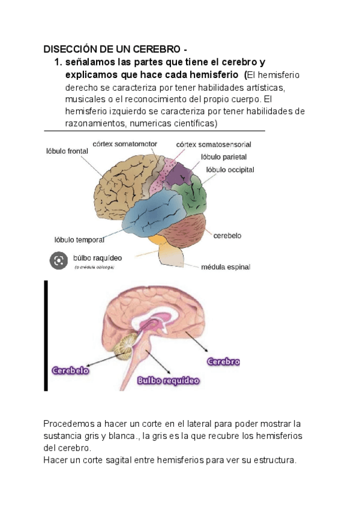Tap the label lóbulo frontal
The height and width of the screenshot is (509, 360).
click(67, 151)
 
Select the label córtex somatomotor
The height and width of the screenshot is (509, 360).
click(125, 144)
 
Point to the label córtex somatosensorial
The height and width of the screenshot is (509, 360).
click(214, 145)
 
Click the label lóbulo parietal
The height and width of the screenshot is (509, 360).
click(224, 157)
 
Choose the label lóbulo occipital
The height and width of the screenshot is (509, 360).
click(230, 170)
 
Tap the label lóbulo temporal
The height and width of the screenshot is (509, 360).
click(79, 240)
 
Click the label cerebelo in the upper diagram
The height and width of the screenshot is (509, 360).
click(227, 236)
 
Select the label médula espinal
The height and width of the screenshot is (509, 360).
click(226, 267)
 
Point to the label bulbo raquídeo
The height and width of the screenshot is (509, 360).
click(97, 258)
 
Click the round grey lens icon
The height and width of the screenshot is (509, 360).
click(58, 261)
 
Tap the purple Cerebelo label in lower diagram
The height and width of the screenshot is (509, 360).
click(71, 370)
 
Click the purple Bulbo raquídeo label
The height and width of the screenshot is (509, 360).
click(169, 380)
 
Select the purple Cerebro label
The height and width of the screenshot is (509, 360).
click(223, 361)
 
